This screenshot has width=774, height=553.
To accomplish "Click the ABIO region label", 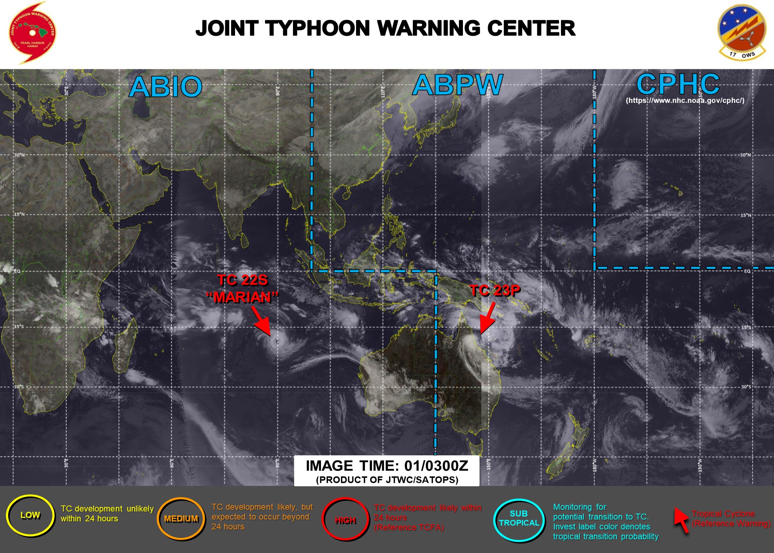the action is click(x=165, y=87).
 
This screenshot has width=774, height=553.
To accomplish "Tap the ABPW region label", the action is click(x=457, y=85).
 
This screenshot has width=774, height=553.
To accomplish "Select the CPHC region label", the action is click(x=678, y=84).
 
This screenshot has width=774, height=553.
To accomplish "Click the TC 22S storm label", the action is click(x=242, y=280).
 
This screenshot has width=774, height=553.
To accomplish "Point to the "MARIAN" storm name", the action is click(x=242, y=297).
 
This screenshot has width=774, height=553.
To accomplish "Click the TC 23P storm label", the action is click(x=495, y=291).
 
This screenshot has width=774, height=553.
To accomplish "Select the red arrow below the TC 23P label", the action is click(x=487, y=319).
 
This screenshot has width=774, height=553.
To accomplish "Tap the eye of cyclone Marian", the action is click(x=277, y=342).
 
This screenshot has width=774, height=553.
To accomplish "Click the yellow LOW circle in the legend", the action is click(x=30, y=515).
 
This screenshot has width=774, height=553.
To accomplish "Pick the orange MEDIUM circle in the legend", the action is click(x=181, y=519).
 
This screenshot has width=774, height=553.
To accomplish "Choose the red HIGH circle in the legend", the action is click(x=345, y=520).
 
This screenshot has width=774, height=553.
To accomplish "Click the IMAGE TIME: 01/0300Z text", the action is click(x=387, y=466).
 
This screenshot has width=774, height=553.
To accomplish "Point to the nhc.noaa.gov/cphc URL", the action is click(x=685, y=100).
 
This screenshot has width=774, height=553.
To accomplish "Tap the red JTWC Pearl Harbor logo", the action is click(x=32, y=32).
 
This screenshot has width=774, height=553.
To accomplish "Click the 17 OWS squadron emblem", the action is click(x=742, y=32).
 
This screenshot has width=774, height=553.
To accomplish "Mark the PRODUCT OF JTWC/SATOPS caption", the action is click(x=387, y=480).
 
